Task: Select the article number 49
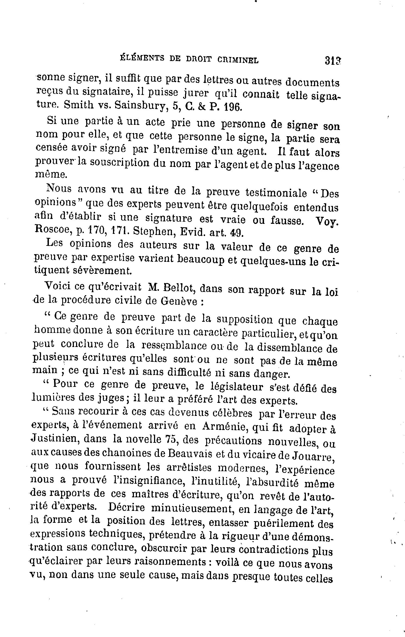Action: click(x=234, y=233)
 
